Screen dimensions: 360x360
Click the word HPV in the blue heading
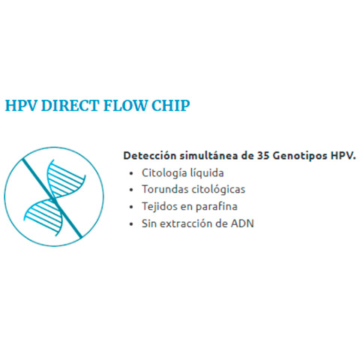click(21, 105)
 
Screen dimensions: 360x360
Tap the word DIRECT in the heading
click(70, 105)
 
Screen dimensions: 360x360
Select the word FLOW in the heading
click(126, 105)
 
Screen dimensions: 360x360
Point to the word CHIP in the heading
click(171, 105)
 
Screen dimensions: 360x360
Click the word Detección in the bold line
click(150, 155)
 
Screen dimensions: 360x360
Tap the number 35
click(263, 156)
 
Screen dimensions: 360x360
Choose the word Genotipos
click(300, 156)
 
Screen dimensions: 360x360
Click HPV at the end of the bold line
click(342, 156)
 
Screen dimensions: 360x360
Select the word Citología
click(164, 173)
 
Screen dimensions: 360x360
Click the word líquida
click(207, 172)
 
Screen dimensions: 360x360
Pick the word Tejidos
click(158, 207)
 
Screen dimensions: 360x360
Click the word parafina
click(216, 207)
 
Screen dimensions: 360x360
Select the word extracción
click(186, 223)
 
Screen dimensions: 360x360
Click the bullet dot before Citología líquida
click(131, 173)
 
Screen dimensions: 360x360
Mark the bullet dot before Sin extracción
click(131, 224)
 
